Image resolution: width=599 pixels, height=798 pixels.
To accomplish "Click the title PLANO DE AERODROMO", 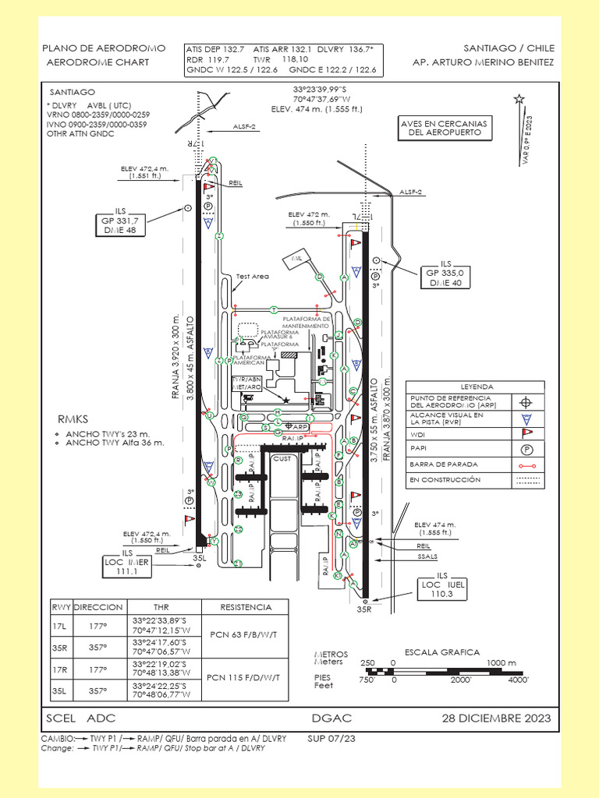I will pos(103,48).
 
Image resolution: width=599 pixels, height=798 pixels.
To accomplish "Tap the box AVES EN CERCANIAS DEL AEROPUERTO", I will pos(444,129).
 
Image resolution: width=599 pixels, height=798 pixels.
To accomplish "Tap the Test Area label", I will pos(252,276).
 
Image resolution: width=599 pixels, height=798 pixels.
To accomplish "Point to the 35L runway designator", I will pos(199,558).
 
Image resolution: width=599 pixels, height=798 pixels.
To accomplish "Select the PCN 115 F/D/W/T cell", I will pos(245,678).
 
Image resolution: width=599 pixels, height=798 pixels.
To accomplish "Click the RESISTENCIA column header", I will pos(245,607).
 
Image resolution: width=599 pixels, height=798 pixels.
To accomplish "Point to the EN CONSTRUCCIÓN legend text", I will pos(445,480).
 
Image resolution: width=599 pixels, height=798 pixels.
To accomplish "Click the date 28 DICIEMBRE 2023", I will pos(497,718).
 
